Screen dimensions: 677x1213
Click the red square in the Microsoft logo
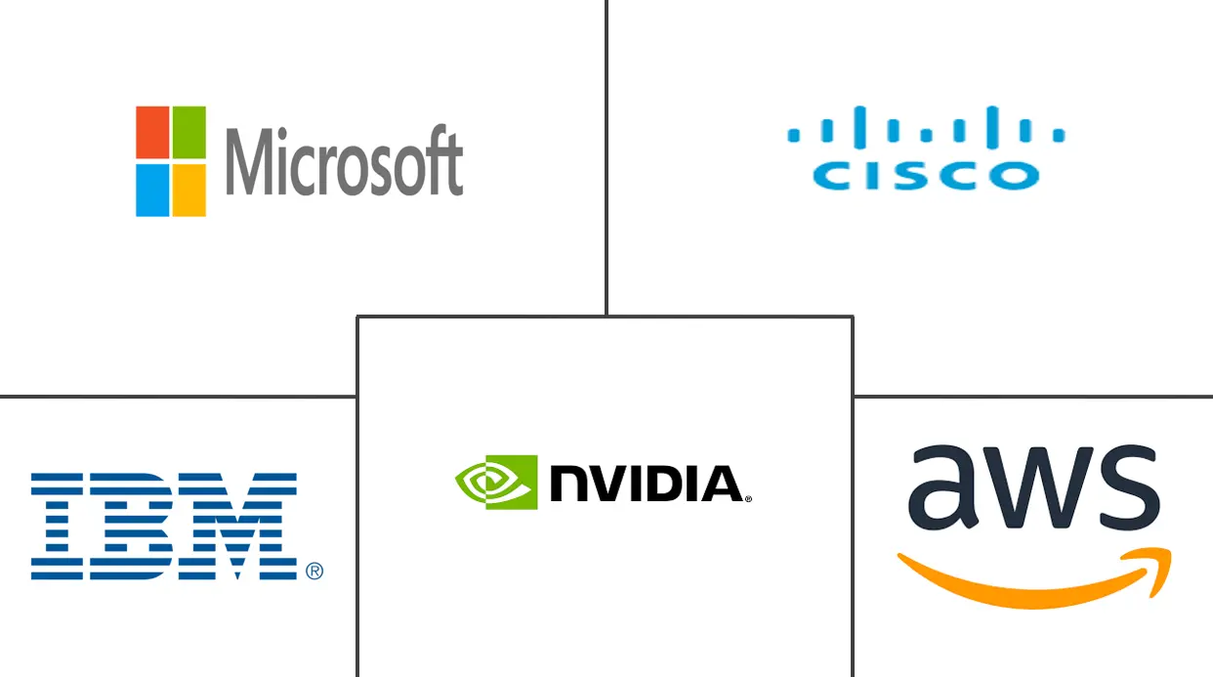[x=153, y=132]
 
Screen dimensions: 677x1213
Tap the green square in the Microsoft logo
[x=188, y=132]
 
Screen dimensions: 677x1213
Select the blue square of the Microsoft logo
[x=153, y=190]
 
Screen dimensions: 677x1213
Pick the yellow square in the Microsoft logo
[x=188, y=190]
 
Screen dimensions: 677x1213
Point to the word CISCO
[x=926, y=176]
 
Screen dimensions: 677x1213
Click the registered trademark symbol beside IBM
[x=314, y=571]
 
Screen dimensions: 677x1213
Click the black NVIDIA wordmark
[x=645, y=484]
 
